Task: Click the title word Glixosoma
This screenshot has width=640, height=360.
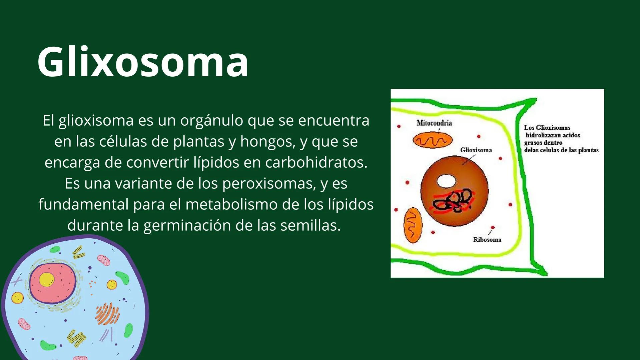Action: [x=143, y=62]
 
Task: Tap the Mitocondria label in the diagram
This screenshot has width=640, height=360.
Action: [x=434, y=123]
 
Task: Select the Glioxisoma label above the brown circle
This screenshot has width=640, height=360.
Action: [x=476, y=150]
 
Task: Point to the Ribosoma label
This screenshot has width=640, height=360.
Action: [x=487, y=239]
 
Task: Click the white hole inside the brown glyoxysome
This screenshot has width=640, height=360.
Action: [x=446, y=181]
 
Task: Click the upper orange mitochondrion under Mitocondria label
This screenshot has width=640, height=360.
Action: [x=433, y=140]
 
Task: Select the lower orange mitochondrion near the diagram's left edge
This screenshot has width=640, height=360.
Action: [x=413, y=225]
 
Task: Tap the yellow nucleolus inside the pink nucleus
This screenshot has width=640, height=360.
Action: [x=46, y=280]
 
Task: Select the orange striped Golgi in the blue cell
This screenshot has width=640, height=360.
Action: [x=107, y=314]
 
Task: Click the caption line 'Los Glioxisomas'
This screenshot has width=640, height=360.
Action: [x=547, y=128]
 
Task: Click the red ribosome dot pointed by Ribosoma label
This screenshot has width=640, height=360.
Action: [x=493, y=228]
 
